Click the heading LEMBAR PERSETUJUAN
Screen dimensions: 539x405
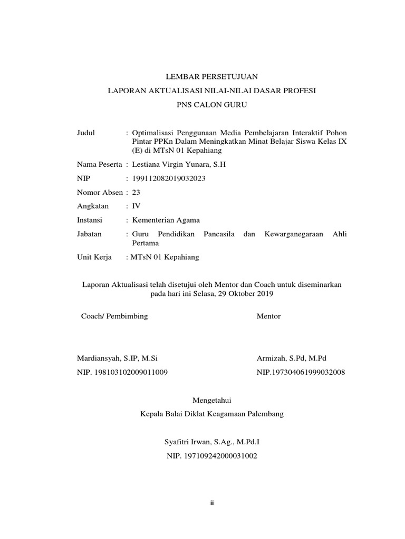tap(211, 77)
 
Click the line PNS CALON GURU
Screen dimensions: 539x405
tap(211, 105)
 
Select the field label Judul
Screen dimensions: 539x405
tap(86, 133)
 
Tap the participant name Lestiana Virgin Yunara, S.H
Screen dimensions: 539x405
tap(179, 165)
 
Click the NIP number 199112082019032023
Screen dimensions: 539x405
tap(169, 178)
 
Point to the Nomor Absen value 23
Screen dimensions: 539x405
tap(136, 192)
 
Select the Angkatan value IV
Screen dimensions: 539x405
tap(136, 206)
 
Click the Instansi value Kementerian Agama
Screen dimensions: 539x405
tap(166, 220)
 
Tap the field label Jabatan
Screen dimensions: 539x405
tap(89, 234)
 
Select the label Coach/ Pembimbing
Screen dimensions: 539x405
tap(114, 316)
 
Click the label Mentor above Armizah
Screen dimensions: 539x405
tap(268, 316)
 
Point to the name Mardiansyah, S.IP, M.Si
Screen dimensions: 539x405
tap(117, 358)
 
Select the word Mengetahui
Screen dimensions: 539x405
tap(211, 400)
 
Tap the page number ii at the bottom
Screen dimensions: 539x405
tap(211, 503)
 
